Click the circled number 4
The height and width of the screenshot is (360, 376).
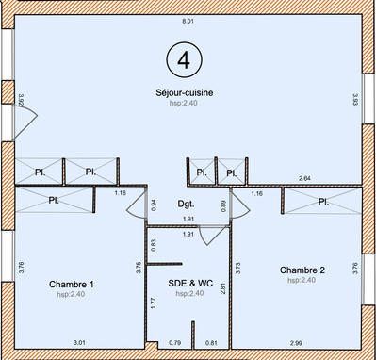(x=184, y=59)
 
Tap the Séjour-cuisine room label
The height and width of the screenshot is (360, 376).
(x=185, y=91)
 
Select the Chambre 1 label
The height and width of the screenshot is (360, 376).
(x=71, y=283)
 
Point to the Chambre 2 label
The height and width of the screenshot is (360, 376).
(x=302, y=270)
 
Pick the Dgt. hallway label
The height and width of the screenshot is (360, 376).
(x=186, y=204)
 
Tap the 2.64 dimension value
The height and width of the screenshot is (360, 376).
(x=304, y=177)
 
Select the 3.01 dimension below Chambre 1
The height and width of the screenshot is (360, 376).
(x=80, y=342)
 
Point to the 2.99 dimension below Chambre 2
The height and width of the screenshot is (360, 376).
(x=297, y=342)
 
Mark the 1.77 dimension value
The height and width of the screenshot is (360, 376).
(x=154, y=303)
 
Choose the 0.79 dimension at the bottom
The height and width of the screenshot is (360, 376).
(x=174, y=342)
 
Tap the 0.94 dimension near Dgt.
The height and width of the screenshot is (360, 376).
(x=154, y=205)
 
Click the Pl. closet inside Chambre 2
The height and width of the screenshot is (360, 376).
(x=322, y=202)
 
